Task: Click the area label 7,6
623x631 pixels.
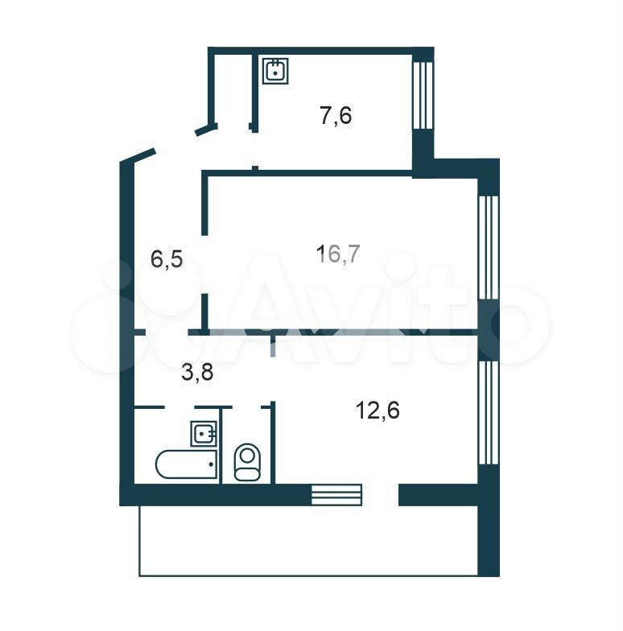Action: (336, 116)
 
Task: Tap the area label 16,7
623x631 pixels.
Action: (338, 254)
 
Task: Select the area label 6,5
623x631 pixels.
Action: (167, 259)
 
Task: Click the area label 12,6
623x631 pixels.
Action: (378, 410)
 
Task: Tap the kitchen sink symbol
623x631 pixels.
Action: (275, 71)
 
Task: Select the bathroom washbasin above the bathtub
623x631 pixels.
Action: (204, 433)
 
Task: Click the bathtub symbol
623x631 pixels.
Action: (187, 464)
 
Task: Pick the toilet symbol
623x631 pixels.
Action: (247, 462)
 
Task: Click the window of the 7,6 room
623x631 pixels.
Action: (423, 95)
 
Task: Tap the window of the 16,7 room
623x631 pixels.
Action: (489, 248)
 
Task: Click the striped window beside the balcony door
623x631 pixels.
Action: (336, 495)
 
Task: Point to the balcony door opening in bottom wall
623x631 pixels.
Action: (380, 495)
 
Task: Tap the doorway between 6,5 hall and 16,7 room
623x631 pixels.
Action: (204, 264)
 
